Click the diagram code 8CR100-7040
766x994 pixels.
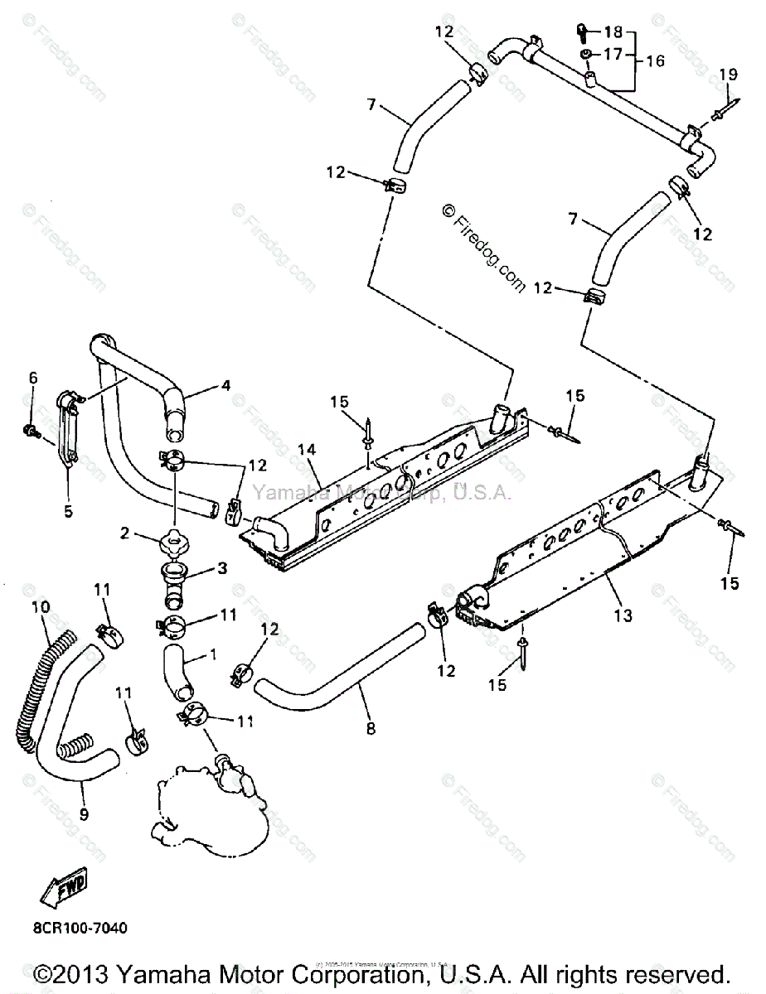pyautogui.click(x=80, y=929)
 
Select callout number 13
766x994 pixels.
pyautogui.click(x=623, y=615)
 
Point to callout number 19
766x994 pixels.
pyautogui.click(x=727, y=75)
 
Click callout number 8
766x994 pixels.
pyautogui.click(x=370, y=728)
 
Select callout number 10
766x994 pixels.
pyautogui.click(x=40, y=608)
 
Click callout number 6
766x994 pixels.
pyautogui.click(x=33, y=378)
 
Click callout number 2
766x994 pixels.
pyautogui.click(x=125, y=534)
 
